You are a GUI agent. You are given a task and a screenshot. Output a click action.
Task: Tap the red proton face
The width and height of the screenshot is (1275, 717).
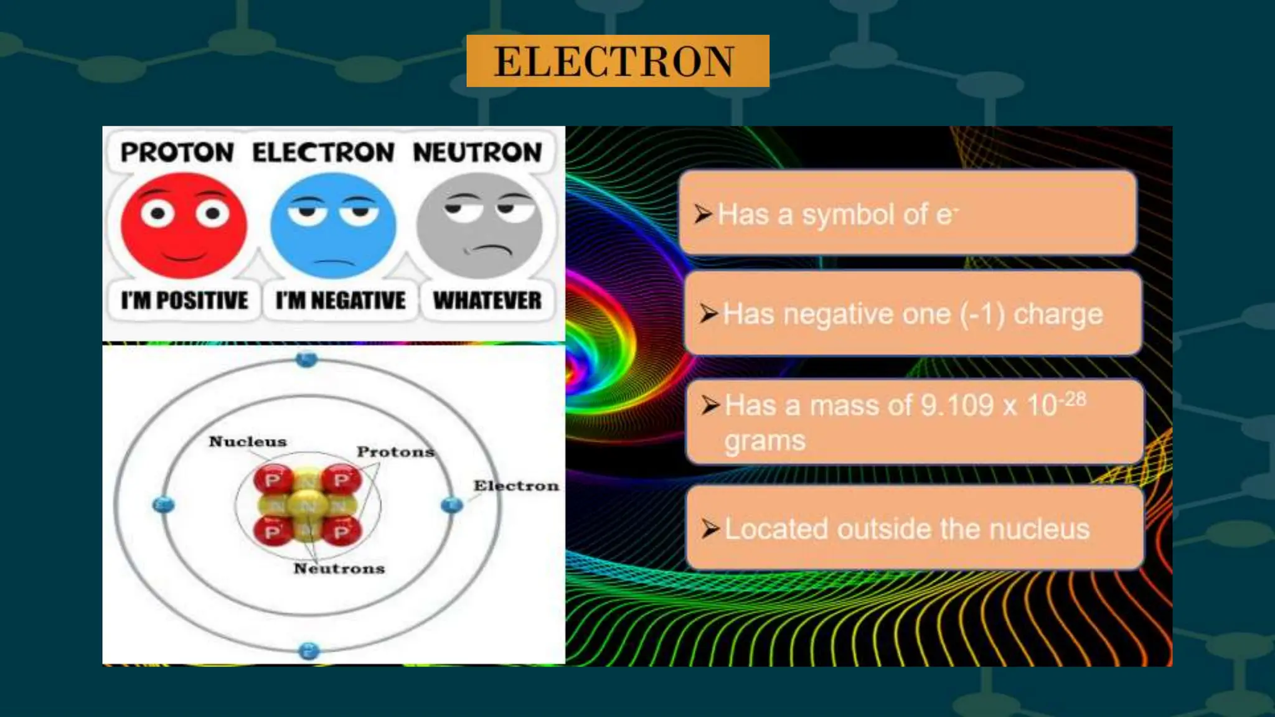pos(184,225)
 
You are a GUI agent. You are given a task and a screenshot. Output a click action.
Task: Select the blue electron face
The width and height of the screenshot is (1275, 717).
pos(333,225)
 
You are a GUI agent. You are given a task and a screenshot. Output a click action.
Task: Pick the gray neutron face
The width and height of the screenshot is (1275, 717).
pos(479,225)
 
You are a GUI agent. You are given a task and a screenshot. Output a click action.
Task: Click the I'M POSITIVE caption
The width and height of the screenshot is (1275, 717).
pos(184,301)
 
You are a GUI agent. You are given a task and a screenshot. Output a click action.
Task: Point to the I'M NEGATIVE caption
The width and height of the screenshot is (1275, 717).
pos(341,301)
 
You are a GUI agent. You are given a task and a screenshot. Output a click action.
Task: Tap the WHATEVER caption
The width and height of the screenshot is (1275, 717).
pos(487,301)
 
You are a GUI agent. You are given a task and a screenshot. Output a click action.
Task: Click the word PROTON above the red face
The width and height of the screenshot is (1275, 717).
pos(177,152)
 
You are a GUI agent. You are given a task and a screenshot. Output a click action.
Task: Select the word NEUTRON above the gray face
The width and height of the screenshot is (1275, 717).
pos(478,152)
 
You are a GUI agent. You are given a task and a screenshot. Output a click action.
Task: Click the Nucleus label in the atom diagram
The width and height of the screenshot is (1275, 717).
pos(248,441)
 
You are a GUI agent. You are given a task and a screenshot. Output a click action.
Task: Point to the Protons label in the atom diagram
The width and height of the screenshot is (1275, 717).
pos(395,452)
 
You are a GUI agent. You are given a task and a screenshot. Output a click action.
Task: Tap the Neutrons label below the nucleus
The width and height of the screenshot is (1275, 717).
pos(339,568)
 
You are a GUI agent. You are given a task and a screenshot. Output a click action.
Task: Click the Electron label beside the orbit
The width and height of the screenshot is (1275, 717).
pos(516,485)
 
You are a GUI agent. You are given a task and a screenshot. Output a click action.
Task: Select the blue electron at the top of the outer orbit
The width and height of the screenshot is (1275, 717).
pos(306,359)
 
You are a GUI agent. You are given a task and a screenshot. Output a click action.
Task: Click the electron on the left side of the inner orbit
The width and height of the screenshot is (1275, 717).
pos(164,504)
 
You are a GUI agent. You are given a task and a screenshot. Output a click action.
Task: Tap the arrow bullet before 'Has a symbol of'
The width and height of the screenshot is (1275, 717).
pos(703,214)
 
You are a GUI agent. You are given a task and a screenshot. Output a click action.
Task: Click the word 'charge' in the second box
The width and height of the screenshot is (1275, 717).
pos(1058,314)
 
